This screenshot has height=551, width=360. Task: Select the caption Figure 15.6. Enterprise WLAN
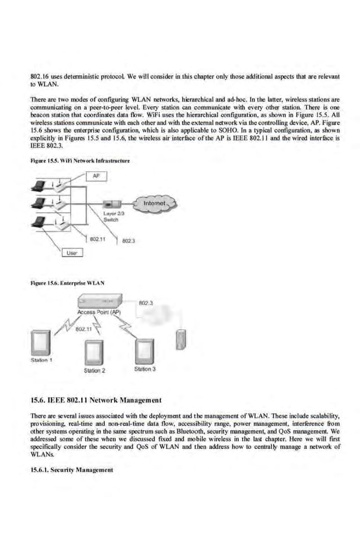click(68, 281)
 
